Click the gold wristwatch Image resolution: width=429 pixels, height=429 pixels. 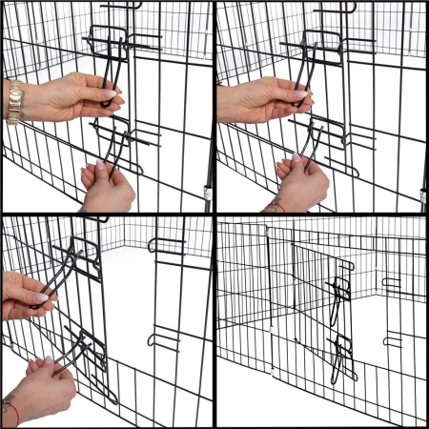(x=14, y=102)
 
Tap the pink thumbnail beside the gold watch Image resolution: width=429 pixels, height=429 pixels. (x=108, y=95)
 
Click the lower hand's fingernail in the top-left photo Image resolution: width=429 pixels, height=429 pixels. (x=99, y=165)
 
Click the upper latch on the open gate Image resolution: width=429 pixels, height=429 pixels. (x=340, y=292)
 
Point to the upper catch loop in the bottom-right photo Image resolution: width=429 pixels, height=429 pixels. (x=392, y=282)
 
